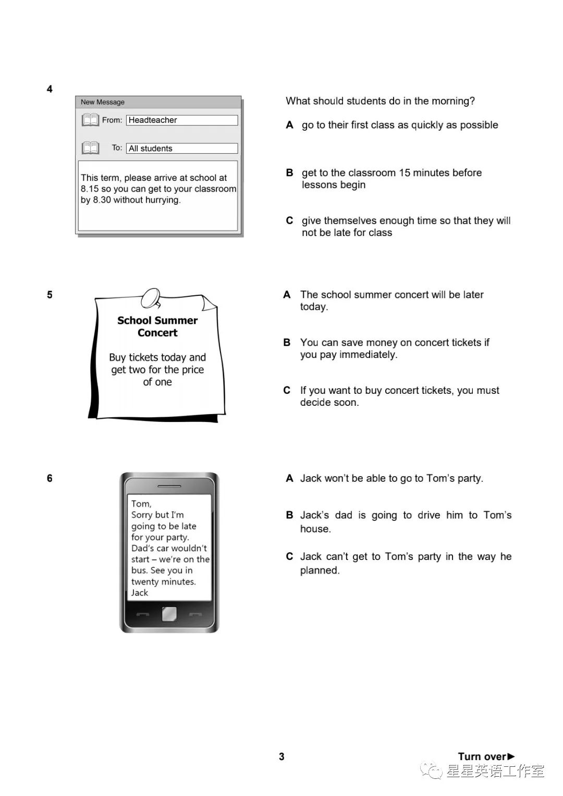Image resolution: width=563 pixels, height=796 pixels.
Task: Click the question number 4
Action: point(50,89)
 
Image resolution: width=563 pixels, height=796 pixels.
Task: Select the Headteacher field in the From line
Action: point(181,120)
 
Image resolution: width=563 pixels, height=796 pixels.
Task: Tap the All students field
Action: point(181,148)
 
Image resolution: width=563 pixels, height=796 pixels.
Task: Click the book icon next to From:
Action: point(90,120)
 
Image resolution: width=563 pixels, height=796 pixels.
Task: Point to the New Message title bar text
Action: point(103,102)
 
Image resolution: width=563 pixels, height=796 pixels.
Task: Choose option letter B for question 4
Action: point(289,173)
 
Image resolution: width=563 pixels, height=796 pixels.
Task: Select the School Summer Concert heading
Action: point(157,327)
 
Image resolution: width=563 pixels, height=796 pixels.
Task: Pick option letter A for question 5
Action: point(287,295)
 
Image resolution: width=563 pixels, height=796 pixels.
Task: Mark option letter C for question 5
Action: point(287,390)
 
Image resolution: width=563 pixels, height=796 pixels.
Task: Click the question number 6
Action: point(50,478)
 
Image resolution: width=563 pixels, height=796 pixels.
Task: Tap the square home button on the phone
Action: point(169,614)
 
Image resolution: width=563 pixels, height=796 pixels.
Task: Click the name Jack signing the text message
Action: point(140,593)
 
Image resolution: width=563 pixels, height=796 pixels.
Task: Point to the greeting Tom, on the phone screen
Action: point(141,504)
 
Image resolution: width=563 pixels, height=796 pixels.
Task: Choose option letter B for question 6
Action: point(289,515)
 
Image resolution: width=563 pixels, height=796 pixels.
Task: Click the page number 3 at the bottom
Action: point(281,756)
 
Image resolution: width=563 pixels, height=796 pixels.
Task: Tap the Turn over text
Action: point(482,756)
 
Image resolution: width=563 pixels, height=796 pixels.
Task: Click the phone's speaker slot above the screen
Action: point(169,486)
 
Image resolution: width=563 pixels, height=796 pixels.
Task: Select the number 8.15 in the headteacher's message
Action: point(90,189)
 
